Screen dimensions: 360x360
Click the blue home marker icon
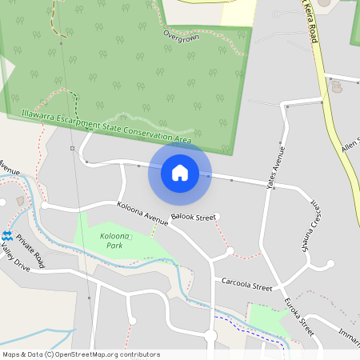coord(180,173)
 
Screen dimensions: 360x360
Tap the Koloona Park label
coord(116,239)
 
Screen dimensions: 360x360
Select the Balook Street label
coord(194,217)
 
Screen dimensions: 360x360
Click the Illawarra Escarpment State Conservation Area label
coord(106,128)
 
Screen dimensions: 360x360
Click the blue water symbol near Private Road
coord(7,236)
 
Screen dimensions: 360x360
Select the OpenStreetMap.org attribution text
coord(81,354)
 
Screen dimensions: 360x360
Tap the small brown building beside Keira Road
coord(336,87)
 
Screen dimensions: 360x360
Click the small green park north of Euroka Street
coord(269,320)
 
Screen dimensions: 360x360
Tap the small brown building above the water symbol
coord(21,202)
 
